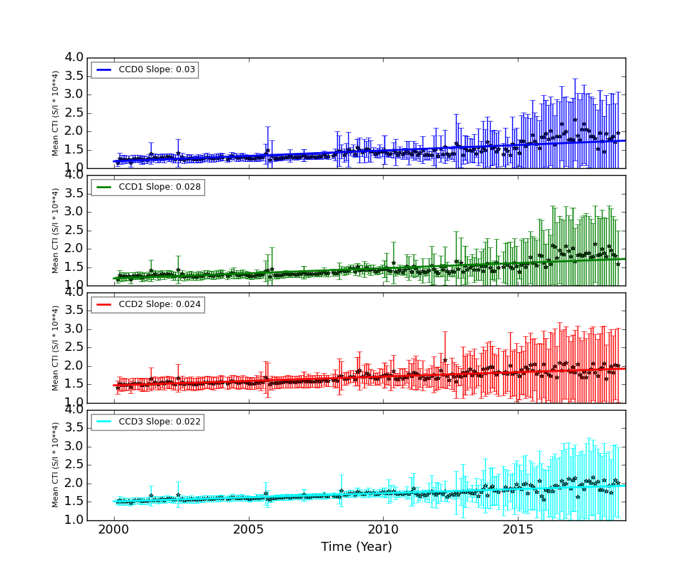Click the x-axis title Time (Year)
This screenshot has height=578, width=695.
pos(357,547)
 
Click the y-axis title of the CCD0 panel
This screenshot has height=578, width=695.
pos(56,113)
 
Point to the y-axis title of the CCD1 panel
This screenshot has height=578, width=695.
pos(56,230)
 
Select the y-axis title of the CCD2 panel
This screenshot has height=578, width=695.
pos(56,347)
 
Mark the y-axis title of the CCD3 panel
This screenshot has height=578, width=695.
pos(56,465)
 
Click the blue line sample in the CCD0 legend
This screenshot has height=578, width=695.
pos(105,69)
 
